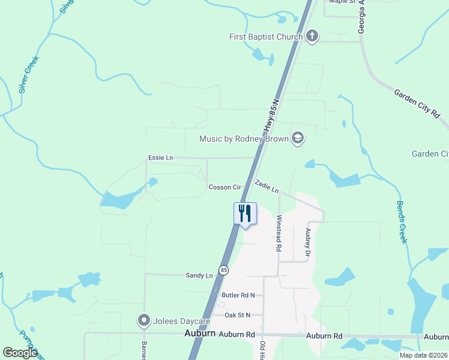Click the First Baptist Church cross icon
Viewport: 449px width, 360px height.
(312, 37)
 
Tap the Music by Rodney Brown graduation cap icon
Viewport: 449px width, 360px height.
(297, 139)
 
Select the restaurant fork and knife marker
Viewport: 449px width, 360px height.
(245, 214)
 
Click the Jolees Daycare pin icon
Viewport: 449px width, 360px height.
(143, 320)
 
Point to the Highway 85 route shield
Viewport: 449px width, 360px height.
(223, 271)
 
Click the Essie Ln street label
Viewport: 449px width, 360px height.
(160, 158)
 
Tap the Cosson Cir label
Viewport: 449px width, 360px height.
(224, 187)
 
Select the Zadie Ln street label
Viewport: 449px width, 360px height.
(267, 186)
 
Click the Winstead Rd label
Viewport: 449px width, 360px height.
(279, 234)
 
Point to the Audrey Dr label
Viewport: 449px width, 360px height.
(308, 242)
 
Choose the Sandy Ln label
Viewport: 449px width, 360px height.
(199, 275)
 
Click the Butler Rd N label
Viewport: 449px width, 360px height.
(238, 295)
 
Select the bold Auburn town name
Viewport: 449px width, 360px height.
(200, 333)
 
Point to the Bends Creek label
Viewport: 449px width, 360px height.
(402, 221)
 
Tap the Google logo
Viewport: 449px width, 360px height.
(20, 353)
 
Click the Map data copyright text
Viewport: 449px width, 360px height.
(423, 355)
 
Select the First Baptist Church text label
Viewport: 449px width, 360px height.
(266, 37)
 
